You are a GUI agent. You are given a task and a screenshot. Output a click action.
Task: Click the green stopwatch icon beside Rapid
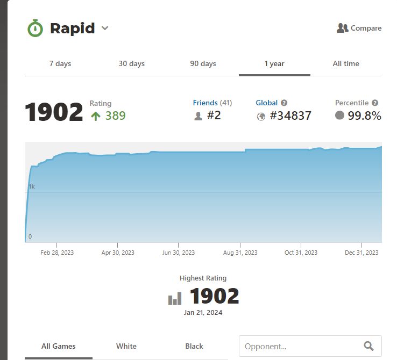[x=35, y=28]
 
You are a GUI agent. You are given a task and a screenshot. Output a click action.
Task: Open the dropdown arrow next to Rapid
[x=105, y=28]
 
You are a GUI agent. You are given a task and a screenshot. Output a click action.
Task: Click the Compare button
[x=359, y=28]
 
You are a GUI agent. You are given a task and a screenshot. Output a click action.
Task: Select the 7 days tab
[x=60, y=63]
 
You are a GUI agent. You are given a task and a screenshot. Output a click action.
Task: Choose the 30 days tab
[x=132, y=63]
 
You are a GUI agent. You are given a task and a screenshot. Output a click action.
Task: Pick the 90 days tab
[x=203, y=63]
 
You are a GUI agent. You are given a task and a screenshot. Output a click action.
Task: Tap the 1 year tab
[x=274, y=63]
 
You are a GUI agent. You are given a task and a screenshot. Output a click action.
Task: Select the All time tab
[x=346, y=63]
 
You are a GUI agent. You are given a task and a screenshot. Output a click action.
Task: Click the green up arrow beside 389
[x=96, y=116]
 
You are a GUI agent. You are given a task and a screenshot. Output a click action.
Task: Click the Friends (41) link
[x=212, y=103]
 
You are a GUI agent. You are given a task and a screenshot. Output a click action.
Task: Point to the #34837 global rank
[x=290, y=116]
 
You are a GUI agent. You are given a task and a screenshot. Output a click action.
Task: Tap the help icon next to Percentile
[x=375, y=103]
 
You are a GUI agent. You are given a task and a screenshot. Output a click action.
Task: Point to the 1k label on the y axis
[x=32, y=186]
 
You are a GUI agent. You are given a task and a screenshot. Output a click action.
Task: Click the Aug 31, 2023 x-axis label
[x=240, y=253]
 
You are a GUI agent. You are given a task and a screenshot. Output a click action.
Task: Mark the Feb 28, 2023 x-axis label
[x=57, y=253]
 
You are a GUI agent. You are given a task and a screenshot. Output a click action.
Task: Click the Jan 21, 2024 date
[x=203, y=312]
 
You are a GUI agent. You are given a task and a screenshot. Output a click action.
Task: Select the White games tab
[x=126, y=346]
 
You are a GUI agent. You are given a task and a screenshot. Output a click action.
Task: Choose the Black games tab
[x=194, y=346]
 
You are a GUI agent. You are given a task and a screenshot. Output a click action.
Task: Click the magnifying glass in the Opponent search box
[x=368, y=346]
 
